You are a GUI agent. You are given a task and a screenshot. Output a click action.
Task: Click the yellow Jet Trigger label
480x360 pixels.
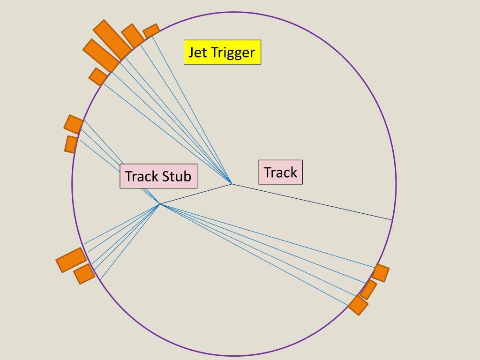(222, 52)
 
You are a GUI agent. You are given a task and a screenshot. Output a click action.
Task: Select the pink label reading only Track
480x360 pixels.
(280, 172)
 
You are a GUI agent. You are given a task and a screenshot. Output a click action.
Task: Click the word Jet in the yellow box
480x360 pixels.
(197, 52)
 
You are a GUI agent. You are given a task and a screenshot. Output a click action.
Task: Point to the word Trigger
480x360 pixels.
(233, 52)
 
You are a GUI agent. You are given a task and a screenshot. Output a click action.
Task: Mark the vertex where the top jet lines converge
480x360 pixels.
(232, 184)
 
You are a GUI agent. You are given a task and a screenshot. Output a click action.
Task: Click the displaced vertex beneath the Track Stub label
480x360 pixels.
(160, 204)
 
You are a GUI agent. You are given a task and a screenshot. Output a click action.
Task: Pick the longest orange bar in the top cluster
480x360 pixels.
(112, 39)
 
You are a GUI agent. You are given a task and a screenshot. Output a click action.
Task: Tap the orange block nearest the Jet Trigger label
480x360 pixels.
(151, 31)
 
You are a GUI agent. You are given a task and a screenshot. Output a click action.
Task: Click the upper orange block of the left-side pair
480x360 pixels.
(74, 124)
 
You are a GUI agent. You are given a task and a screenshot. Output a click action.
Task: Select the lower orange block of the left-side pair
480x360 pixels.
(71, 144)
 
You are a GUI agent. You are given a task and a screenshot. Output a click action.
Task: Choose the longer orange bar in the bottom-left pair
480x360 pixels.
(72, 260)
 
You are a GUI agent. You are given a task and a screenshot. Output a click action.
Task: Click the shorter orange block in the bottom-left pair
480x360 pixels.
(84, 274)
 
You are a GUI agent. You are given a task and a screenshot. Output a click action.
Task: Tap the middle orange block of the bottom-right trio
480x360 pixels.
(368, 289)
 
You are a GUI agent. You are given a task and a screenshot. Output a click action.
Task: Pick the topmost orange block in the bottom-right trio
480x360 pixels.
(380, 273)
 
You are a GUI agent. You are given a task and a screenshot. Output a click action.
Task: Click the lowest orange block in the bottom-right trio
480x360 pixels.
(358, 305)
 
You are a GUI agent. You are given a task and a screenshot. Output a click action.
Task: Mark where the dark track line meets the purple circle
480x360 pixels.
(392, 220)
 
